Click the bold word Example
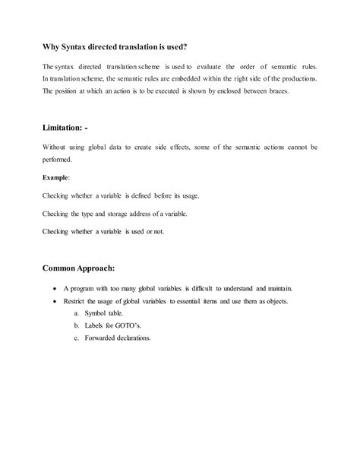pos(56,178)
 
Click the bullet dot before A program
pos(55,290)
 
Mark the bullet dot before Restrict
pos(55,302)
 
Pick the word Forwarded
pos(103,339)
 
